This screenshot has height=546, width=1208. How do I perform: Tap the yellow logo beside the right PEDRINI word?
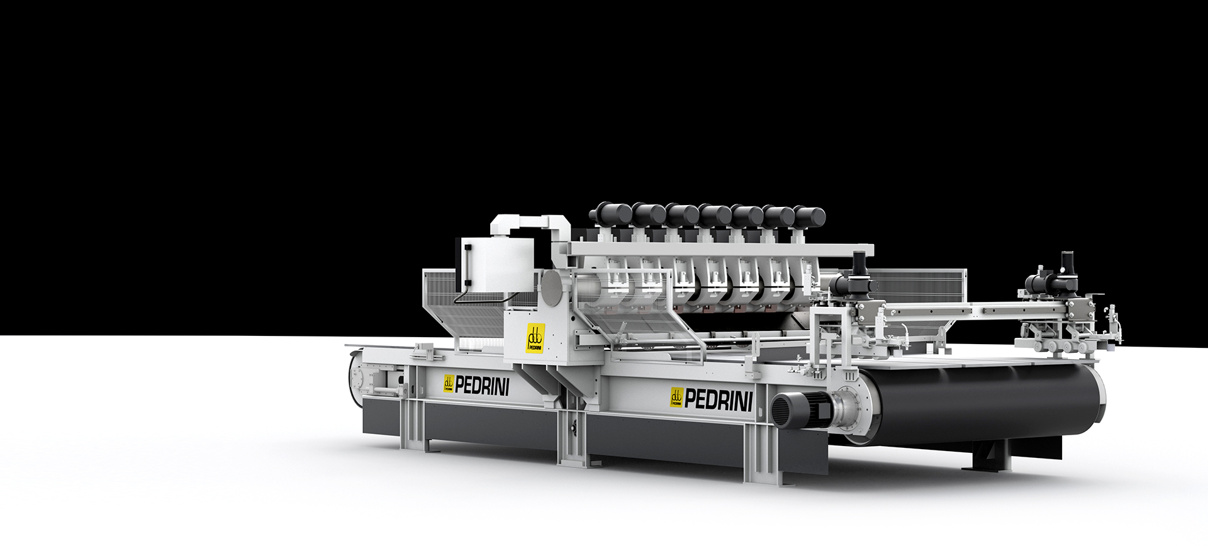coord(677,398)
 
